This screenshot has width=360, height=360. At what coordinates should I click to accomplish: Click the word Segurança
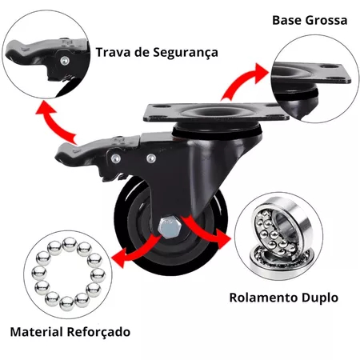click(186, 53)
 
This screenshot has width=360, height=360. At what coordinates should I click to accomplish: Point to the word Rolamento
click(264, 298)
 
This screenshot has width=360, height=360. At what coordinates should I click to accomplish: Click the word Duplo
click(320, 298)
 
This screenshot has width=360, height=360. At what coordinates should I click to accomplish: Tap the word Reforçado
click(98, 332)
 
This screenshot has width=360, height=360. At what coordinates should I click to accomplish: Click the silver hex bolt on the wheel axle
click(170, 227)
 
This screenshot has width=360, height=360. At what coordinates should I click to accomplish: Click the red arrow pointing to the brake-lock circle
click(54, 122)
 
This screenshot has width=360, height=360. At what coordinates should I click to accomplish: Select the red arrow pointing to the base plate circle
click(244, 82)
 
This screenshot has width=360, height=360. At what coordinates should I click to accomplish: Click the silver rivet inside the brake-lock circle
click(65, 61)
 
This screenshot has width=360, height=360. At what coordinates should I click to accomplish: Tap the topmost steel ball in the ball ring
click(70, 244)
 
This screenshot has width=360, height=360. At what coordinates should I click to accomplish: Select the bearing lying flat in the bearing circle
click(280, 262)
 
